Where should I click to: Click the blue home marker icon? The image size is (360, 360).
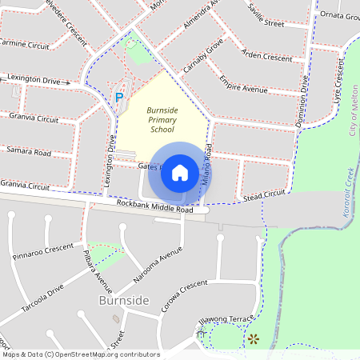(179, 173)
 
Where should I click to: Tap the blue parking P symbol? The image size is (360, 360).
(119, 97)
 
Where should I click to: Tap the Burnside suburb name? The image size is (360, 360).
(123, 300)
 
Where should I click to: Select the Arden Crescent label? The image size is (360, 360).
(266, 58)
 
